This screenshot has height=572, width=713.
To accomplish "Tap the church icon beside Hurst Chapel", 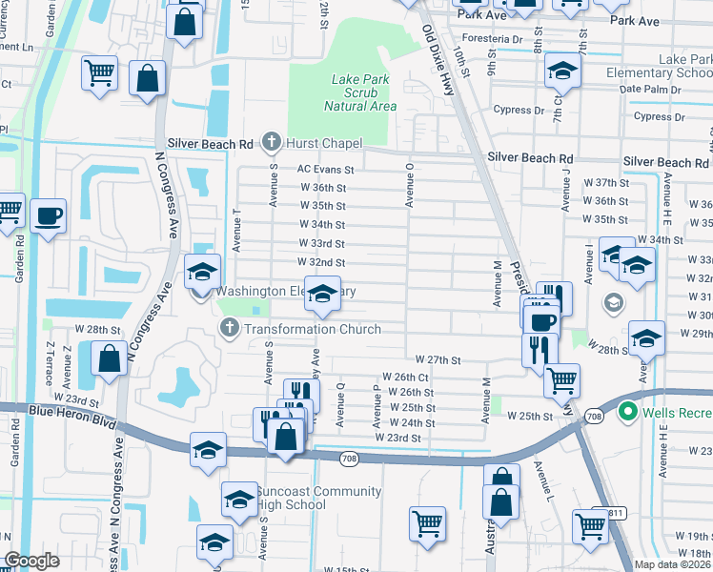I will [x=271, y=143].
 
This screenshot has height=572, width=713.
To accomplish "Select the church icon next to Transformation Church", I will [x=229, y=329].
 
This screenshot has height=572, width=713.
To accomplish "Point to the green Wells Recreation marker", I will [x=627, y=412].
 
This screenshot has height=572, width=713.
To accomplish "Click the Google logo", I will [x=31, y=561].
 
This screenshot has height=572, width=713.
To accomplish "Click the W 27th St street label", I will [x=438, y=360].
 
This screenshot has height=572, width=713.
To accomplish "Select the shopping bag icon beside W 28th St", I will [x=110, y=358].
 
